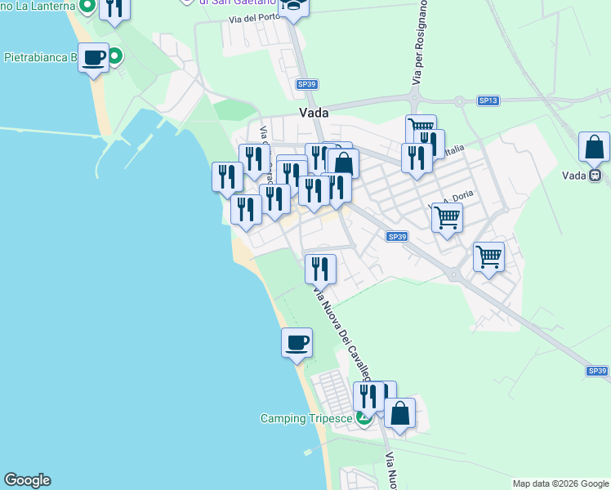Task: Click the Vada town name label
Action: (x=314, y=114)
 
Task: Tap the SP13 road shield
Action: (x=488, y=100)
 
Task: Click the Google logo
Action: (x=27, y=480)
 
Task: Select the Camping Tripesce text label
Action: (x=306, y=418)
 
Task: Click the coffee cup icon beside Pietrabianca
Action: (x=94, y=58)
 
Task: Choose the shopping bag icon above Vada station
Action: (x=594, y=147)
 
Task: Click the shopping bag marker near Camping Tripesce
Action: (x=399, y=413)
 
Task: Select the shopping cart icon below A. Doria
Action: (x=447, y=218)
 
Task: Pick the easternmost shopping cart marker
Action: (x=488, y=256)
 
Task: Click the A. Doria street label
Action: (x=458, y=198)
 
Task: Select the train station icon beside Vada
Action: (x=595, y=175)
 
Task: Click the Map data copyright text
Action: (x=560, y=483)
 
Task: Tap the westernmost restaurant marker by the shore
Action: (x=227, y=177)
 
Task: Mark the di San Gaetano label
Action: (x=223, y=3)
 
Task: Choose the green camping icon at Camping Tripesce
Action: (x=363, y=420)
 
